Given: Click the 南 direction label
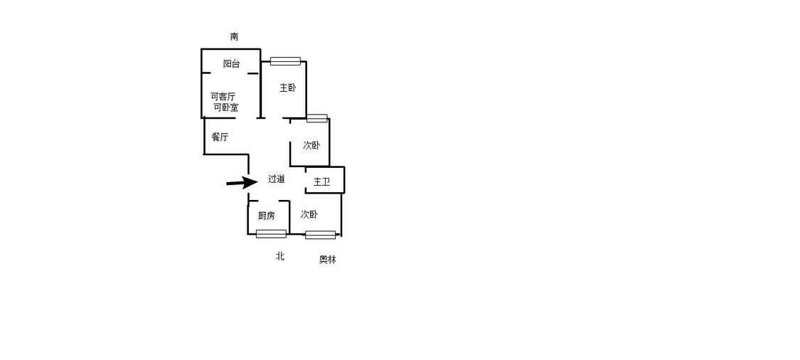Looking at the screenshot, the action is coord(234,36).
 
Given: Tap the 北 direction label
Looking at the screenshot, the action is coord(280,256).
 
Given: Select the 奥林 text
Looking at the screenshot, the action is coord(328,260).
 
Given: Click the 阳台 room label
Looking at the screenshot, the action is coord(232,64).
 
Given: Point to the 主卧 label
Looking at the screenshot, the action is coord(287,88).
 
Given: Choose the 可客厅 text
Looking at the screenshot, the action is coord(223,97).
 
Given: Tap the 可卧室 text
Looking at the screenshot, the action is coord(225,107).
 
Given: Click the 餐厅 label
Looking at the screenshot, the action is coord(220,137).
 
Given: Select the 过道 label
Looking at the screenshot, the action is coord(276,179).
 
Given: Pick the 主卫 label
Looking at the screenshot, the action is coord(321,182).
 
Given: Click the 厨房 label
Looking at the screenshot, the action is coord(267,216).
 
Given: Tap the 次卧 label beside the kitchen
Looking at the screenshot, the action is coord(309,214).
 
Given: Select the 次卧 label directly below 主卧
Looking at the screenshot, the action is coord(311,146).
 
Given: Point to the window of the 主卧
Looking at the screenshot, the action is coord(285,61).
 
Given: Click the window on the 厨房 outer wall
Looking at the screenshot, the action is coord(271,234).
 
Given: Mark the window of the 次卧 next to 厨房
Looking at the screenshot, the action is coord(321,235).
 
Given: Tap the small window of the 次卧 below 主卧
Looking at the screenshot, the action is coord(317,119).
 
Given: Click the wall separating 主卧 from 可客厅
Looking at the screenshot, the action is coord(261,83).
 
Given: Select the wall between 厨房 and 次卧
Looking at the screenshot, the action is coord(289,218).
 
